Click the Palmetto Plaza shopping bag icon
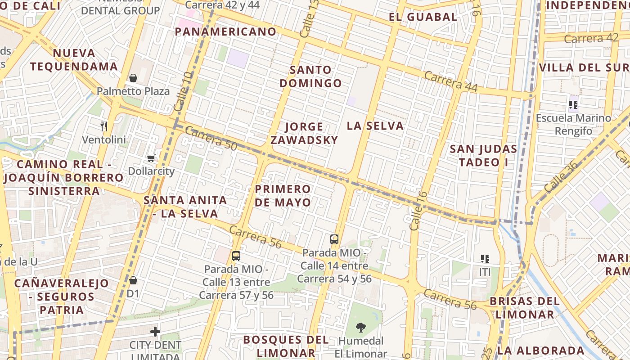[x=133, y=78]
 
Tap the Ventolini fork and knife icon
[x=104, y=126]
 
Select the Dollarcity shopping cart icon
[x=151, y=158]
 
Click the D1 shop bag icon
[x=133, y=280]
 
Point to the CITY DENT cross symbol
[x=155, y=332]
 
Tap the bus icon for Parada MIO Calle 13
[x=236, y=256]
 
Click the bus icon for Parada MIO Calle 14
[x=334, y=239]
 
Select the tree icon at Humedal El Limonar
[x=360, y=327]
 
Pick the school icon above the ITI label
[x=485, y=259]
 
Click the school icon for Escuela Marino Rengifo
[x=573, y=105]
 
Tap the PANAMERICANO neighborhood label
[x=225, y=32]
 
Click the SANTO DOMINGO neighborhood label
[x=310, y=76]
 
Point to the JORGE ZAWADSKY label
[x=304, y=133]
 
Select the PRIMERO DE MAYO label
[x=283, y=195]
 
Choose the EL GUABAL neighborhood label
[x=423, y=17]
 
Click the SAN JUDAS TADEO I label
[x=483, y=155]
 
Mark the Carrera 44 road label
[x=450, y=81]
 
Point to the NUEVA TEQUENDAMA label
[x=74, y=60]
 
